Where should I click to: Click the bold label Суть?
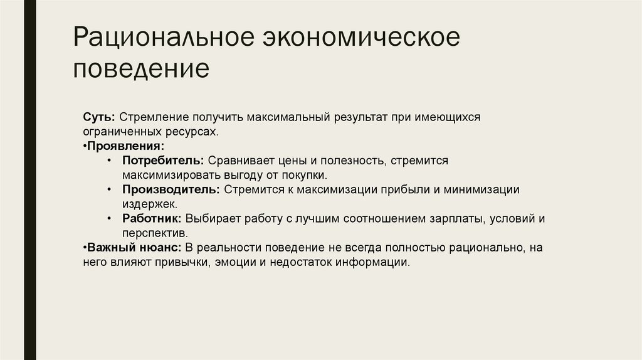click(98, 117)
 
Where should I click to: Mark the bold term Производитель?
click(171, 189)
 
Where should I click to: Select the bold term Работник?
click(152, 218)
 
